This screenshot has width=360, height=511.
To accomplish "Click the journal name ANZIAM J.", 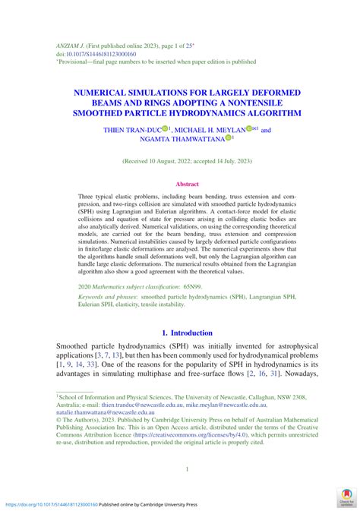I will tap(71, 46).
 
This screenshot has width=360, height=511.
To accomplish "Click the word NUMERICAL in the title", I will tap(105, 92).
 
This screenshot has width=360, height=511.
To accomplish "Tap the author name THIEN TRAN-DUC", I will tap(131, 130).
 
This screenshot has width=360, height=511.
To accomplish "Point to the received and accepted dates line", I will tap(187, 162).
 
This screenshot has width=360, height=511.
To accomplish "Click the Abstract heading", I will tap(187, 184).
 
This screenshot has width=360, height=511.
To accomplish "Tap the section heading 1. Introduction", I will tap(188, 333).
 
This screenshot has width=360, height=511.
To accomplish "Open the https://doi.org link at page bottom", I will tap(52, 504).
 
